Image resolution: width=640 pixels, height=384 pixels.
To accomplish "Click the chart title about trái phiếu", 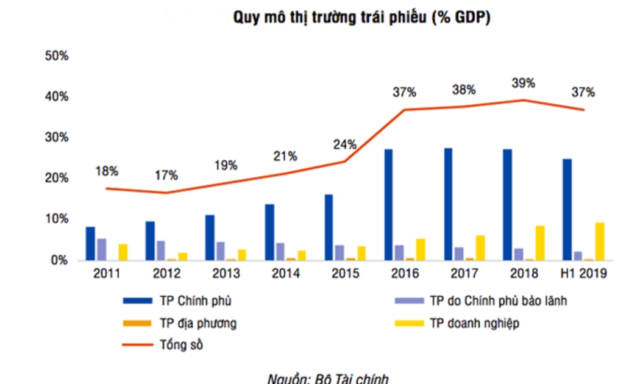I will (x=362, y=18).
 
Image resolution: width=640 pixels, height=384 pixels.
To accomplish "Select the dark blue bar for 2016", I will (x=388, y=204).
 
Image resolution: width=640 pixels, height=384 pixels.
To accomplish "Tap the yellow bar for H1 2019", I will (x=600, y=241).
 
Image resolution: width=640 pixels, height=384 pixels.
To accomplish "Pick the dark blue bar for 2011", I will (x=90, y=243).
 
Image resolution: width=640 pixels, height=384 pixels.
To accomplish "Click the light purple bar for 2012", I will (x=160, y=250).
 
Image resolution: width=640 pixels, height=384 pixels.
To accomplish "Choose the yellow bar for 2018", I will (x=540, y=243).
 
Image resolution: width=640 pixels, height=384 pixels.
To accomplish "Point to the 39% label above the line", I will (x=523, y=82).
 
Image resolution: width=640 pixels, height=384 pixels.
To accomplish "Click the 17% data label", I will (x=166, y=176).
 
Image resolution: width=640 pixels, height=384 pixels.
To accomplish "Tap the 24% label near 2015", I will (x=344, y=145).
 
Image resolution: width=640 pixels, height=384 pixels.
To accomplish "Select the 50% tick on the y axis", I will (x=56, y=56).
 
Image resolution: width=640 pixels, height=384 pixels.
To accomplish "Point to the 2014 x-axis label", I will (x=285, y=274).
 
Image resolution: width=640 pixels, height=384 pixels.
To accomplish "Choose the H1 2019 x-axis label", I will (x=583, y=274).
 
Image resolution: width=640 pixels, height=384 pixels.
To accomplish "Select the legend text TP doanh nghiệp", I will (x=475, y=324).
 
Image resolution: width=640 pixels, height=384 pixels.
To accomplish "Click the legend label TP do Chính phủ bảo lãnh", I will (x=499, y=301).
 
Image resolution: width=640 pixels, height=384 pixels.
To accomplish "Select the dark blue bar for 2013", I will (x=210, y=237).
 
